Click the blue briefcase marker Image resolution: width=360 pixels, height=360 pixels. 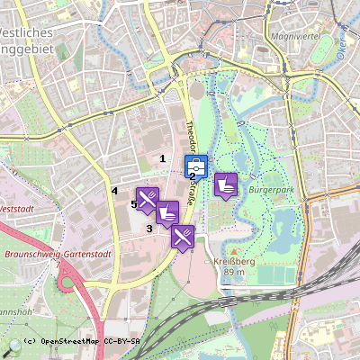click(x=196, y=166)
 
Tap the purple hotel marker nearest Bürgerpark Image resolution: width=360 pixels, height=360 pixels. click(x=225, y=184)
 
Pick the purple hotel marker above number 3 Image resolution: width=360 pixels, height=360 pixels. click(x=166, y=212)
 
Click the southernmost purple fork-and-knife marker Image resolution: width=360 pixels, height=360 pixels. click(x=183, y=237)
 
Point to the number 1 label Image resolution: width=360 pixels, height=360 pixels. click(x=162, y=158)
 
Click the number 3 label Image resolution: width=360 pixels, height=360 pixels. click(x=149, y=228)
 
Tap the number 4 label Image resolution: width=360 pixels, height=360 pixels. click(x=114, y=191)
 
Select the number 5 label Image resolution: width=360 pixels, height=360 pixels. click(x=134, y=204)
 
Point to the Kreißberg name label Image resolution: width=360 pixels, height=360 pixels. click(x=232, y=260)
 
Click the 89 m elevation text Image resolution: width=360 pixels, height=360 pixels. click(x=233, y=271)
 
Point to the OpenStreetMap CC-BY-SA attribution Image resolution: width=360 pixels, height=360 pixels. click(x=81, y=342)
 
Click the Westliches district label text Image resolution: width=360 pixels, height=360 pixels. click(x=31, y=32)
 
